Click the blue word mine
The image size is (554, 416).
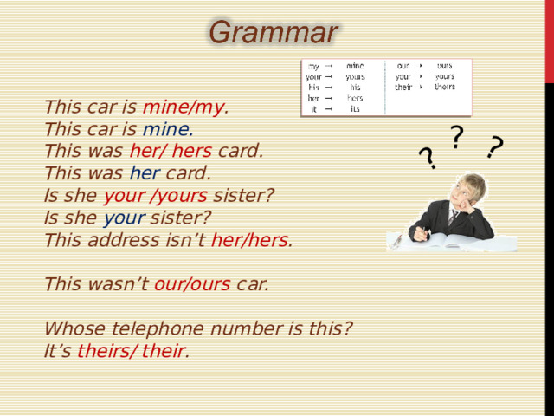click(166, 129)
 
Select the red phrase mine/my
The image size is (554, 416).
click(184, 107)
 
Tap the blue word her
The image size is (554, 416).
click(145, 173)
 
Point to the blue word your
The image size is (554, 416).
click(124, 218)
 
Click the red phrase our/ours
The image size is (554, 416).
click(192, 284)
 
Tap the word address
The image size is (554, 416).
click(124, 240)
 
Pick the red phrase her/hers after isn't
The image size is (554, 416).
click(249, 240)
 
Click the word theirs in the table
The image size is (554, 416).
click(445, 87)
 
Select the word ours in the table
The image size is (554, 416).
click(444, 66)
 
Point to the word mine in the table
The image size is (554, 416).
click(355, 66)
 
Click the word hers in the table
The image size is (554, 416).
click(355, 98)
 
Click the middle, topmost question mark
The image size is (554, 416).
click(456, 137)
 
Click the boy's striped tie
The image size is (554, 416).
click(452, 218)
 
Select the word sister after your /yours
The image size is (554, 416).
click(243, 196)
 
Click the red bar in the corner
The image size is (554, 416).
click(550, 42)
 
